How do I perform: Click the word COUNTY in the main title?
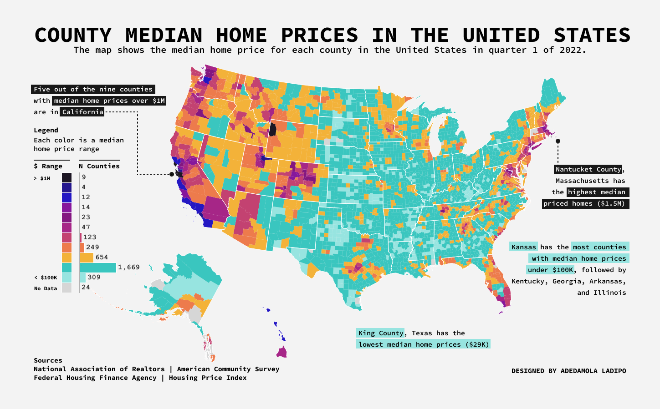coord(73,35)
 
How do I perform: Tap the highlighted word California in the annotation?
coord(82,112)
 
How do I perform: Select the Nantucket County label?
coord(588,169)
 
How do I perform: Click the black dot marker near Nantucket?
coord(558,141)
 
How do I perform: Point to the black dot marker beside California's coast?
coord(172,174)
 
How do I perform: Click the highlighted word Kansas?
coord(523,247)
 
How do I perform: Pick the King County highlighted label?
coord(380,333)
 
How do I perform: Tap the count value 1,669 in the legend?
coord(129,267)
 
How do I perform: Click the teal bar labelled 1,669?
coord(98,268)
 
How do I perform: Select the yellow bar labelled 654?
coord(87,258)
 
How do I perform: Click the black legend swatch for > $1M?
coord(67,178)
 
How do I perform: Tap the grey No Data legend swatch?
coord(67,288)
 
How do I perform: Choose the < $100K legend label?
coord(46,278)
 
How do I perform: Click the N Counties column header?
coord(99,166)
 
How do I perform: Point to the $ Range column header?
coord(48,166)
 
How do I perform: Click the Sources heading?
coord(48,360)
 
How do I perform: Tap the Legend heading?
coord(46,130)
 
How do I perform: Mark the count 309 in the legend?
coord(94,277)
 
